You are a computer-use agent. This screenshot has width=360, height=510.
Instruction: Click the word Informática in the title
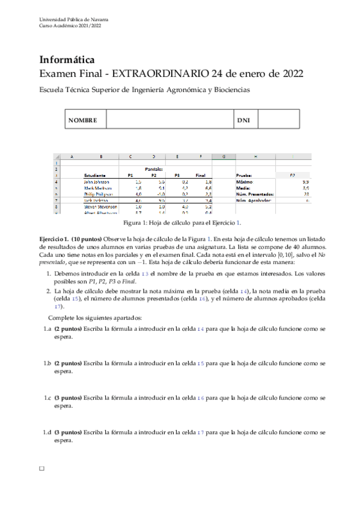coord(66,60)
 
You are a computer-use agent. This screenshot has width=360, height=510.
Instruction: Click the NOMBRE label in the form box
coord(83,120)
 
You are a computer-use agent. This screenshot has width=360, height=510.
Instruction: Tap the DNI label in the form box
coord(243,120)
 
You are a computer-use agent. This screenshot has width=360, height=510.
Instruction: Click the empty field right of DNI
coord(278,120)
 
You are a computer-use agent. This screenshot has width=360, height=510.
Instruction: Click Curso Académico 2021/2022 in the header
coord(70,26)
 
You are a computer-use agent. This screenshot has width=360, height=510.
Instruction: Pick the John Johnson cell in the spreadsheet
coord(97,181)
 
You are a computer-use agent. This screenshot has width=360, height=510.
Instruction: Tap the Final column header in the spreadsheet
coord(201,175)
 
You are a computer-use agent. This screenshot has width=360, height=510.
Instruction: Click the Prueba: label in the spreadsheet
coord(245,175)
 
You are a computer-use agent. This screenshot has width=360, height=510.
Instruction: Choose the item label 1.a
coord(47,330)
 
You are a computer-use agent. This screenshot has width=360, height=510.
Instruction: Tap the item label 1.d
coord(47,432)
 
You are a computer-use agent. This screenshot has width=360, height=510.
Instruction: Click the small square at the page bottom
coord(41,467)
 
